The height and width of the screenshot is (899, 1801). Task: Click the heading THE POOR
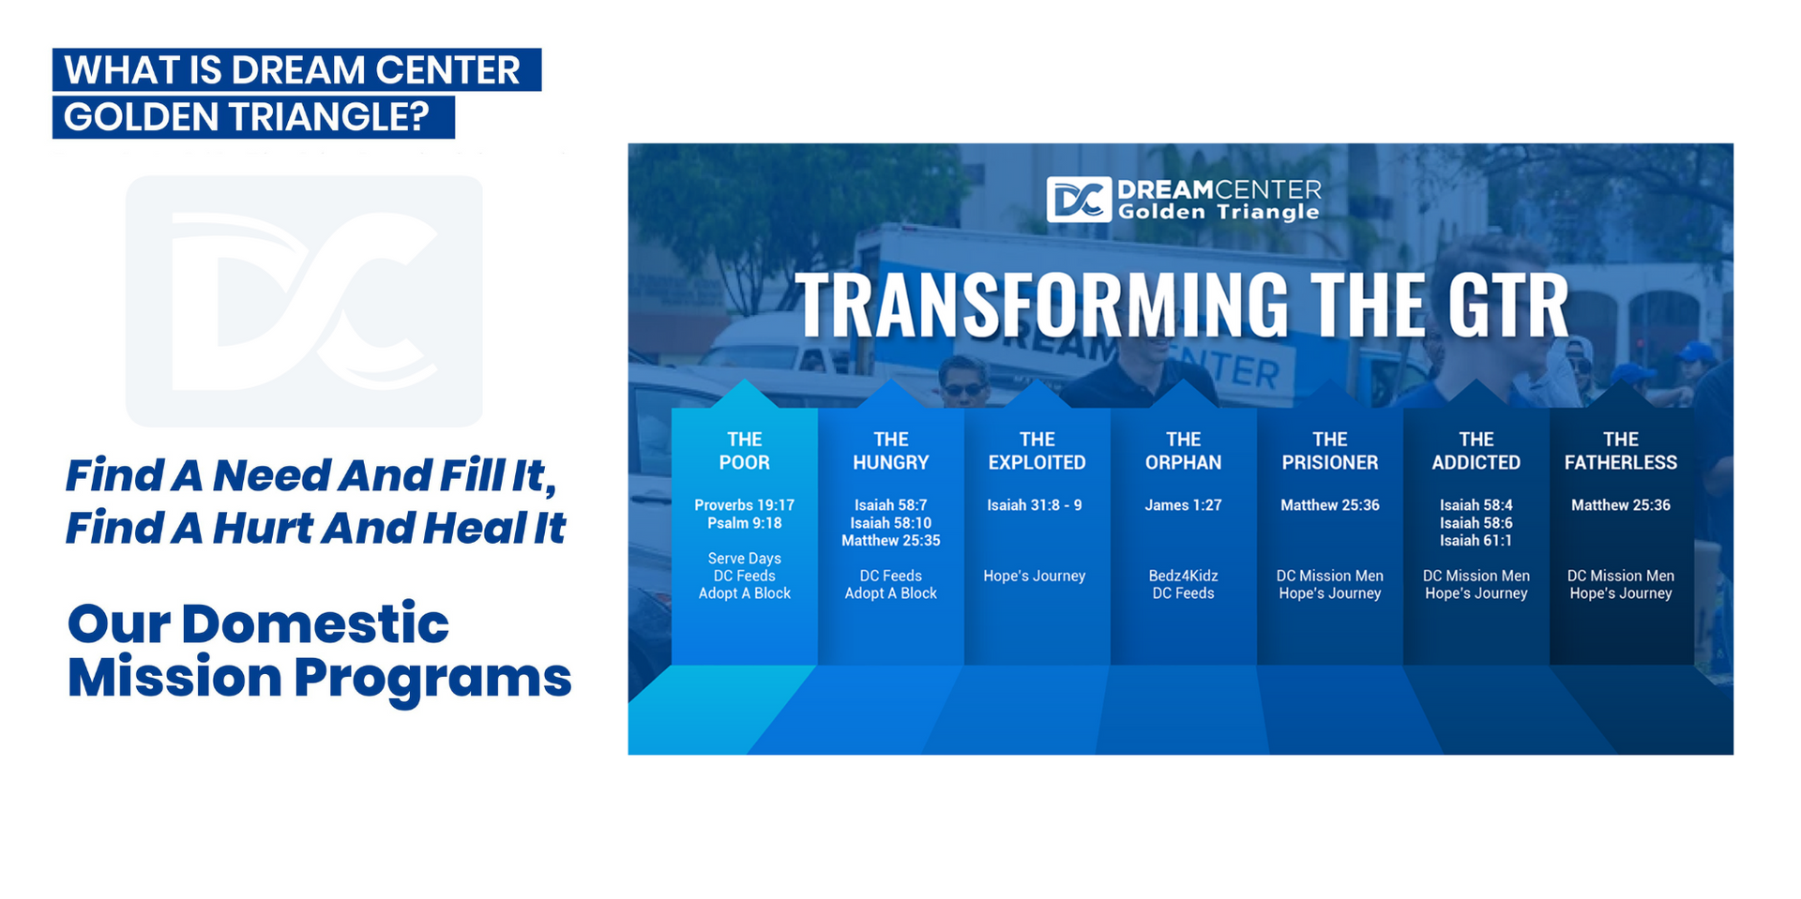pos(744,451)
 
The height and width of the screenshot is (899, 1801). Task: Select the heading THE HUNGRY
pos(890,451)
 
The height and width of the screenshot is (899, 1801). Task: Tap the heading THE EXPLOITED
pos(1037,451)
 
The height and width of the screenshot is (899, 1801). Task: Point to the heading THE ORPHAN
pos(1183,451)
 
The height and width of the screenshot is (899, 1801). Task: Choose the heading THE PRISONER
pos(1329,451)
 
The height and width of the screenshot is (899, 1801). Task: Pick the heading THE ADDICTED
pos(1476,451)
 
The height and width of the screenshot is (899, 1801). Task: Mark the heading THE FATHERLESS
pos(1621,451)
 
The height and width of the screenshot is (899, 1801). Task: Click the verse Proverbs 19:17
pos(744,505)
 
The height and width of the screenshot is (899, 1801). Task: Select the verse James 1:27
pos(1183,505)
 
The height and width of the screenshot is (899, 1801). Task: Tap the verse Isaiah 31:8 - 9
pos(1034,505)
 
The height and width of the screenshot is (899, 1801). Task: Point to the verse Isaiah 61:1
pos(1476,541)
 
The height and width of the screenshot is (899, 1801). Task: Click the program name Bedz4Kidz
pos(1183,576)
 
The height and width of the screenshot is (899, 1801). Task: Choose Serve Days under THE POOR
pos(744,559)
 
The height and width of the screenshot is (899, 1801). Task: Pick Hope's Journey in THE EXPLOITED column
pos(1034,576)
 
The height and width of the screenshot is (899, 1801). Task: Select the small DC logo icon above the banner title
pos(1079,200)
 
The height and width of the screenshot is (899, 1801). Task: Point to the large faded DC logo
pos(304,301)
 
